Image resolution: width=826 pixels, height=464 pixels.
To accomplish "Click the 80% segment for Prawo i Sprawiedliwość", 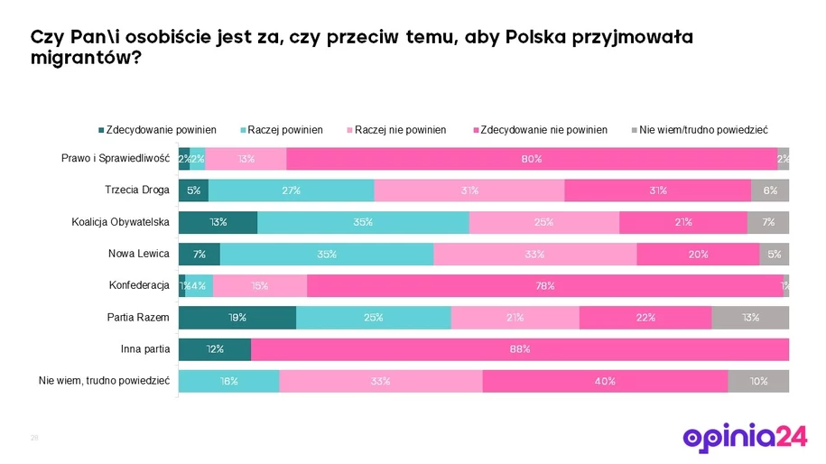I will (x=531, y=159).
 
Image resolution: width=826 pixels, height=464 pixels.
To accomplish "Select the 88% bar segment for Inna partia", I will (x=520, y=349).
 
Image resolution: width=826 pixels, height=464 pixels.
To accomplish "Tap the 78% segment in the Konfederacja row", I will (x=543, y=286).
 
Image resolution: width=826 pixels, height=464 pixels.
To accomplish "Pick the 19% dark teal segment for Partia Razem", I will (x=237, y=318).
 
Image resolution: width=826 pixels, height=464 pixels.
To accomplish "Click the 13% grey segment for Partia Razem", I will (x=750, y=318).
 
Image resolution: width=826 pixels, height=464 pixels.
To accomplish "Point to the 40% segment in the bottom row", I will (x=605, y=381).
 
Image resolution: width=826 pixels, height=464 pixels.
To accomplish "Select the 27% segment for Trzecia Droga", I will (x=291, y=190).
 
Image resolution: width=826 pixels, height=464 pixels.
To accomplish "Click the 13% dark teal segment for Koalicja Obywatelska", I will (x=218, y=222).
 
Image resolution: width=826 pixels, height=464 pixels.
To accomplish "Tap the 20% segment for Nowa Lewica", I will (x=698, y=255).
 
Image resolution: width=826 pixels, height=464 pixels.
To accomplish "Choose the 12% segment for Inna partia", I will (x=215, y=349).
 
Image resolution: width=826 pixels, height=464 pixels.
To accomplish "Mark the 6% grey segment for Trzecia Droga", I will (x=770, y=190).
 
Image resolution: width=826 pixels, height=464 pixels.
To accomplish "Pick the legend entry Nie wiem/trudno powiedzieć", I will (x=703, y=130).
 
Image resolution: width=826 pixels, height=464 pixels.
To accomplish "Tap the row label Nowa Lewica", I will (x=139, y=254).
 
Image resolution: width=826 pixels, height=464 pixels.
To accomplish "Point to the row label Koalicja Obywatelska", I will (x=121, y=222).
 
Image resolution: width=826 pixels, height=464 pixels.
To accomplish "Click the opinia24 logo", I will (x=745, y=437).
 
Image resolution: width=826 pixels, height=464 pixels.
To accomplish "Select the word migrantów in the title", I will (x=81, y=57).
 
